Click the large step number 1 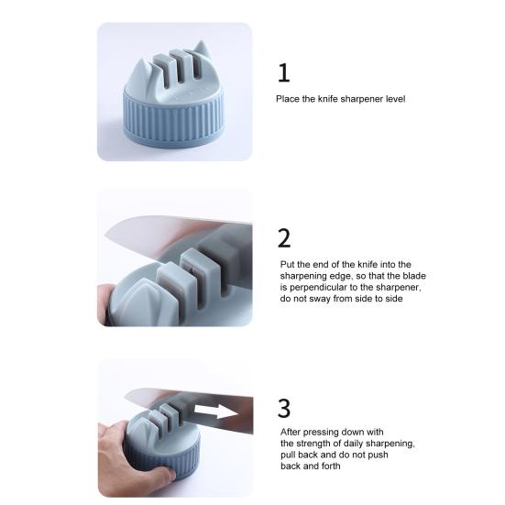pos(284,72)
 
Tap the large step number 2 pos(284,237)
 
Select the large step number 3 pos(285,407)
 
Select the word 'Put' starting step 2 pos(287,264)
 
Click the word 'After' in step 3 pos(291,432)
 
